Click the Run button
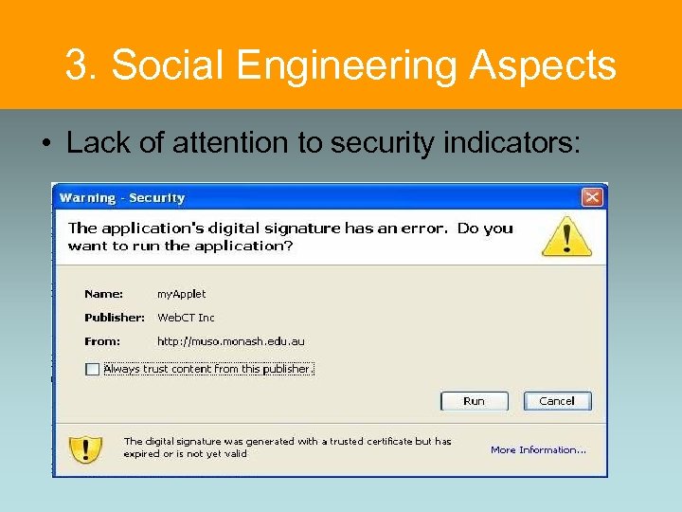point(475,401)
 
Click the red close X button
point(592,197)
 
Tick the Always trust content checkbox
point(92,370)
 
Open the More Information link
point(538,450)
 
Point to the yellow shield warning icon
point(86,448)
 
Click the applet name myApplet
point(181,294)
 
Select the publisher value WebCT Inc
point(186,318)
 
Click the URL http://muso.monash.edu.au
point(231,341)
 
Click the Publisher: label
point(115,318)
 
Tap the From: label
point(102,341)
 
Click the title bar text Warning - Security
point(122,198)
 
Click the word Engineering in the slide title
point(350,65)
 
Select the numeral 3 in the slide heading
point(77,65)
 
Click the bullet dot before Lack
point(45,144)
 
